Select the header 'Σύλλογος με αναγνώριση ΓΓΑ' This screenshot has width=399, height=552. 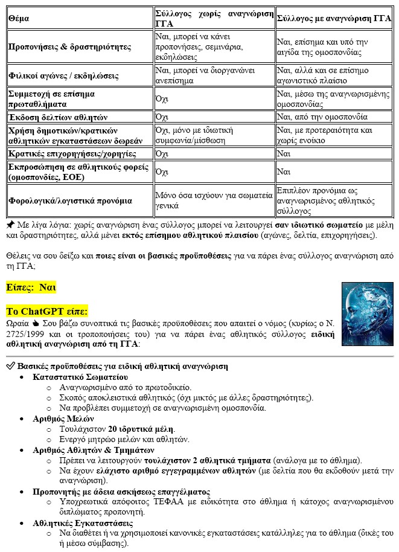pos(334,19)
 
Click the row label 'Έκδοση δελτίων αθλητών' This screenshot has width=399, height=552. pos(58,117)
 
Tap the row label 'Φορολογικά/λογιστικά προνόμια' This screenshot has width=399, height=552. pos(70,201)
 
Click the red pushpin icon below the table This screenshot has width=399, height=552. pos(10,223)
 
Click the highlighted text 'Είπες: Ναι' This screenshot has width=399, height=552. pos(31,287)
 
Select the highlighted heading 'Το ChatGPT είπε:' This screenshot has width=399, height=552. pos(46,312)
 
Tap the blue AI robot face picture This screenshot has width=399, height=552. pos(368,314)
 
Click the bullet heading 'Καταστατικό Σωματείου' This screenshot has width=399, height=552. pos(80,376)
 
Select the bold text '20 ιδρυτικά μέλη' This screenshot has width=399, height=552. pos(135,429)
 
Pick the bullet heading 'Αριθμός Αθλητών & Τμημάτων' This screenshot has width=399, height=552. pos(95,450)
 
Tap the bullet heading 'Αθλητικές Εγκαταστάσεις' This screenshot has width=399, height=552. pos(83,523)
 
